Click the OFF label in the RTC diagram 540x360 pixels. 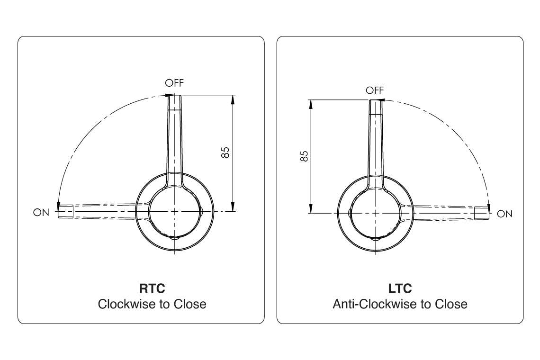(x=174, y=83)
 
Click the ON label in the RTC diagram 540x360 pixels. (x=41, y=213)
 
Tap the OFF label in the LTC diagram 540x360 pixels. (x=375, y=90)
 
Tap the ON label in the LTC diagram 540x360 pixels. (x=505, y=214)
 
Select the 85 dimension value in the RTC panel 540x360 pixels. (x=225, y=153)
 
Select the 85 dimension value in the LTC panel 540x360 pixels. (x=304, y=156)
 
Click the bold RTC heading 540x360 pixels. (x=152, y=288)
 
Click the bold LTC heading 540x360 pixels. (x=400, y=288)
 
